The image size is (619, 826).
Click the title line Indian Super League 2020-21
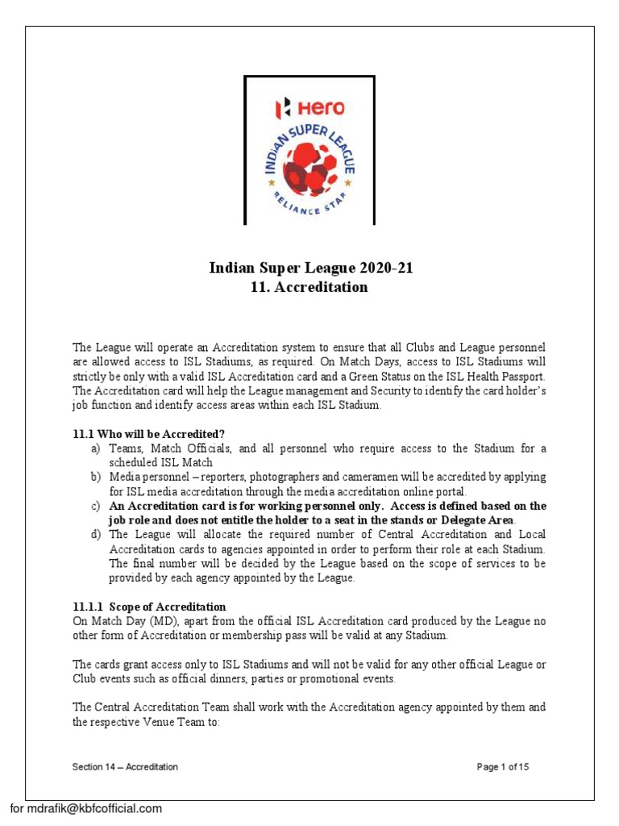coord(310,269)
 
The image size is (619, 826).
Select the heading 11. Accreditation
coord(310,287)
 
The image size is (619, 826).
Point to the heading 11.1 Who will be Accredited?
coord(143,433)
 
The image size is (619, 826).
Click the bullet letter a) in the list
coord(95,448)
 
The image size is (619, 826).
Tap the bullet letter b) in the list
coord(95,477)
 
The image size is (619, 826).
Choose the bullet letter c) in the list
coord(95,506)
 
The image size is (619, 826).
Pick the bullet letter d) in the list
coord(95,535)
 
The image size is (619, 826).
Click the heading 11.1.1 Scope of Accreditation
coord(149,607)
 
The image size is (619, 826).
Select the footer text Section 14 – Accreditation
coord(125,767)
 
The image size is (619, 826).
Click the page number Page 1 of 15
coord(503,767)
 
